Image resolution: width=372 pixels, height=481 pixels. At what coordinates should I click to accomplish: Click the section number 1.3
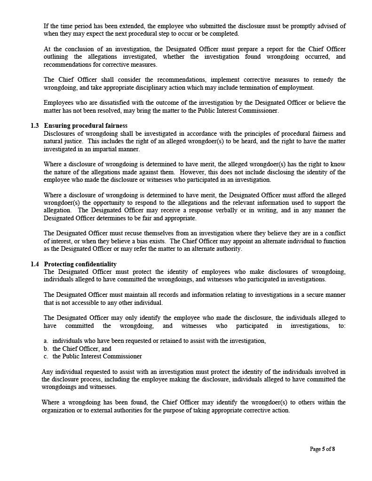coord(35,126)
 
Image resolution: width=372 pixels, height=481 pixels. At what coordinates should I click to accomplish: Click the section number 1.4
coord(35,264)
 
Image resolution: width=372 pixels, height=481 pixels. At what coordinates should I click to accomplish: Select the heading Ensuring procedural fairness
coord(86,126)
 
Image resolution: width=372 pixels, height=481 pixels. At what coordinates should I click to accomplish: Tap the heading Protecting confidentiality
coord(80,264)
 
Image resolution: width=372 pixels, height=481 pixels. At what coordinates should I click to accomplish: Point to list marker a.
coord(46,341)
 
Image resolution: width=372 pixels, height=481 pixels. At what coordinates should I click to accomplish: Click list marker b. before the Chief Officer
coord(46,349)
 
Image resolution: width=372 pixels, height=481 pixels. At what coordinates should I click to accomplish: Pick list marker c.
coord(46,357)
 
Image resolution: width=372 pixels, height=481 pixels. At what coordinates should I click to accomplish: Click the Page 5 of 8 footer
coord(322,449)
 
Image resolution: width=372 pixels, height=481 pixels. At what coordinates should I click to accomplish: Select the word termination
coord(257,87)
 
